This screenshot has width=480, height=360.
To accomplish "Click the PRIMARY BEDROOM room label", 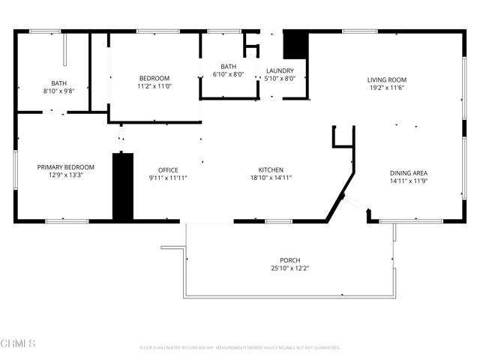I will pyautogui.click(x=66, y=167).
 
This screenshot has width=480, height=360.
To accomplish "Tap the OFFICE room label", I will pyautogui.click(x=167, y=169).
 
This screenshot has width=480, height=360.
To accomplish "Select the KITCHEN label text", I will pyautogui.click(x=270, y=169).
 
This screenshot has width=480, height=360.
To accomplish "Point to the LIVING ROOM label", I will pyautogui.click(x=386, y=80).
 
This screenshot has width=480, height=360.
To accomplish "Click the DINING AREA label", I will pyautogui.click(x=408, y=173).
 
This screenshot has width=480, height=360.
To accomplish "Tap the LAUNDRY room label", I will pyautogui.click(x=280, y=70).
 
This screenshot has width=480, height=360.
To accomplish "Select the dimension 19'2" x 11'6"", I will pyautogui.click(x=386, y=88).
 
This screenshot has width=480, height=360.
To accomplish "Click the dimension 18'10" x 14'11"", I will pyautogui.click(x=270, y=178).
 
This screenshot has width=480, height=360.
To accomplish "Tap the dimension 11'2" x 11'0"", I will pyautogui.click(x=154, y=86).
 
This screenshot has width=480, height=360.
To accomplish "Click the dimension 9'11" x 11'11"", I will pyautogui.click(x=167, y=178).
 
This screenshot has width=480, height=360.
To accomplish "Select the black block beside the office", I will pyautogui.click(x=122, y=187).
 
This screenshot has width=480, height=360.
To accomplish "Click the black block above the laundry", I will pyautogui.click(x=295, y=45).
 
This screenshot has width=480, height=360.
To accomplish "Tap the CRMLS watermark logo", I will pyautogui.click(x=19, y=343).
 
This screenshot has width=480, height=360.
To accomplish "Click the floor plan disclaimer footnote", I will pyautogui.click(x=240, y=347).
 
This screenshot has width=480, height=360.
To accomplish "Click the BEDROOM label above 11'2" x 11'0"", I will pyautogui.click(x=154, y=78).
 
